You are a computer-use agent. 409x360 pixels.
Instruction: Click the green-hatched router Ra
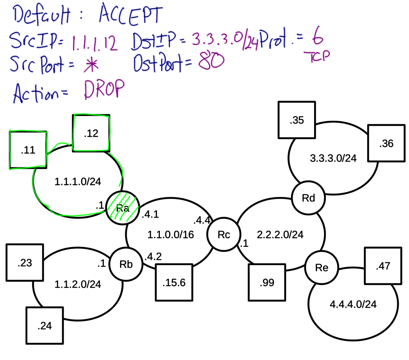(123, 208)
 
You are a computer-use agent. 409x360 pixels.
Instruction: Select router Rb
(126, 264)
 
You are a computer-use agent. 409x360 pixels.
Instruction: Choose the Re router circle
(322, 267)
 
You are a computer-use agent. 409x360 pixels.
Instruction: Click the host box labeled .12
(91, 133)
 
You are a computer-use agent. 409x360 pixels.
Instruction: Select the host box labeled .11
(28, 150)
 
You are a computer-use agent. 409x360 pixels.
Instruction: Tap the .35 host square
(297, 120)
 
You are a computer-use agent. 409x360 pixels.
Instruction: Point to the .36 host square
(386, 144)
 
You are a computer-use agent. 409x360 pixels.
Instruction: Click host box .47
(383, 266)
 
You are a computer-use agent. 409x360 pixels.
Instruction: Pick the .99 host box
(267, 283)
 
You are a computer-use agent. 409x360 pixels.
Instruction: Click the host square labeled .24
(45, 326)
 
